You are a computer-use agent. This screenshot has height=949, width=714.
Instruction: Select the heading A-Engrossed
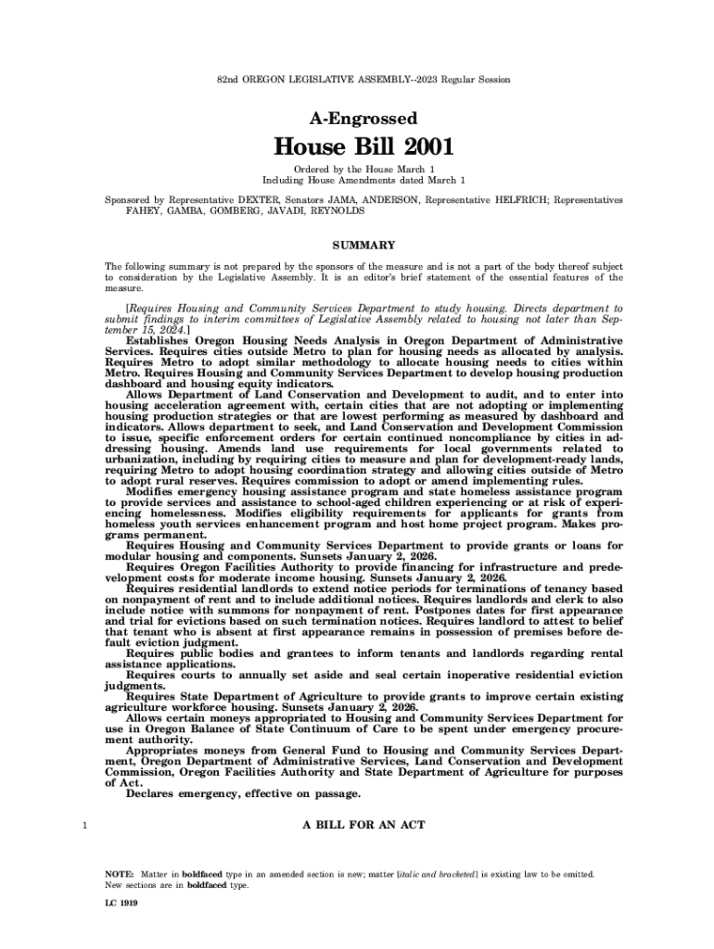pyautogui.click(x=356, y=119)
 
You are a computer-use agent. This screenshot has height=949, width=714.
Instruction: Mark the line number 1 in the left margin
pyautogui.click(x=85, y=824)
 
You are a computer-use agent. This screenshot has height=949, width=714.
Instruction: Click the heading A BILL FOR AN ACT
pyautogui.click(x=363, y=824)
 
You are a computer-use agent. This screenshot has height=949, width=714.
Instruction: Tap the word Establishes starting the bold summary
pyautogui.click(x=162, y=341)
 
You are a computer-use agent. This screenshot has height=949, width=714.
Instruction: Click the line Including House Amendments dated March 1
pyautogui.click(x=363, y=179)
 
